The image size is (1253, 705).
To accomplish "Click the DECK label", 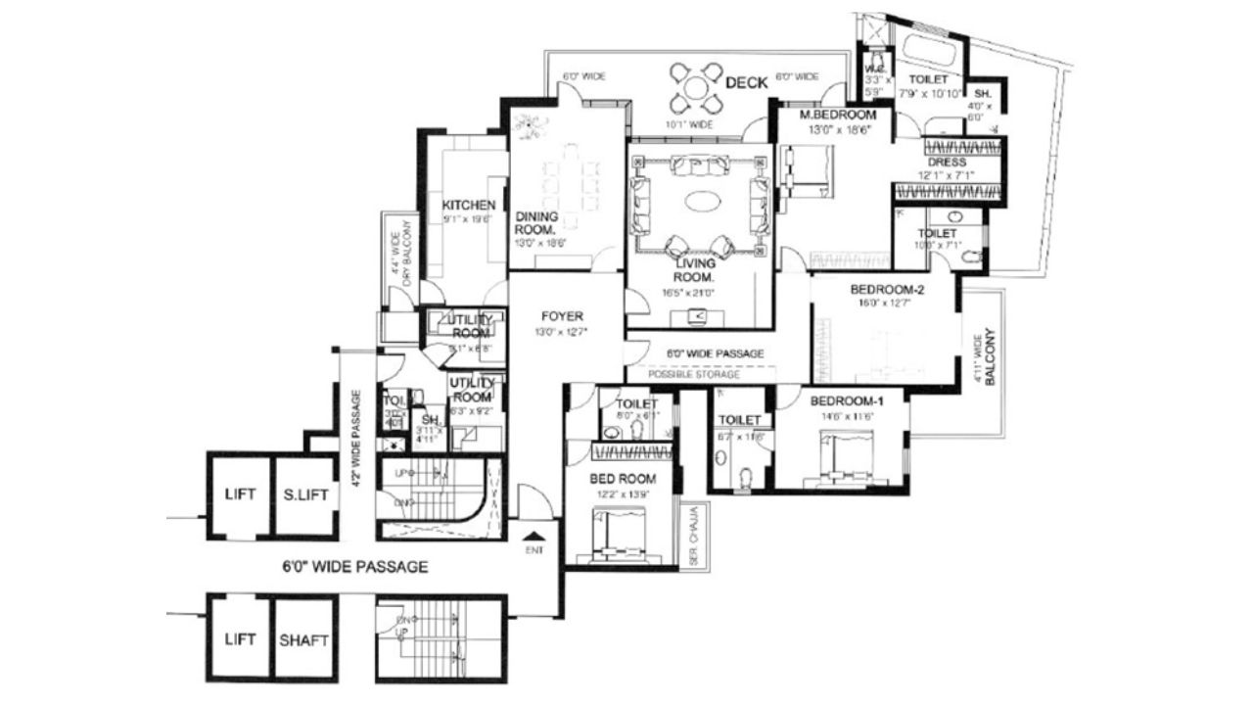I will [x=746, y=83].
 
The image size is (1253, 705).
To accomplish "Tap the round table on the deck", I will [x=695, y=88].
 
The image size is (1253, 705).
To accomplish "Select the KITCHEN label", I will [x=468, y=205].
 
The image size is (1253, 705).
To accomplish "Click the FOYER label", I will [x=562, y=316].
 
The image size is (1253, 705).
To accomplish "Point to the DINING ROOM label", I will [x=535, y=223].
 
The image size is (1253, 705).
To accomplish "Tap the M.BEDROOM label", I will [x=838, y=115].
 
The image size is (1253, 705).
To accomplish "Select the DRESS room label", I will [x=947, y=163].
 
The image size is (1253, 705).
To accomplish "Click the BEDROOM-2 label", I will [x=887, y=289].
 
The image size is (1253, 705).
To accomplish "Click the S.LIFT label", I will [x=304, y=493].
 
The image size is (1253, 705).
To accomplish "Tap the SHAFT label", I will [x=304, y=640].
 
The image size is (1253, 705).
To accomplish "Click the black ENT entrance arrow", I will [x=534, y=535].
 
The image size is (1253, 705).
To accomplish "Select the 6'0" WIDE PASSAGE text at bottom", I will [x=354, y=566].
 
